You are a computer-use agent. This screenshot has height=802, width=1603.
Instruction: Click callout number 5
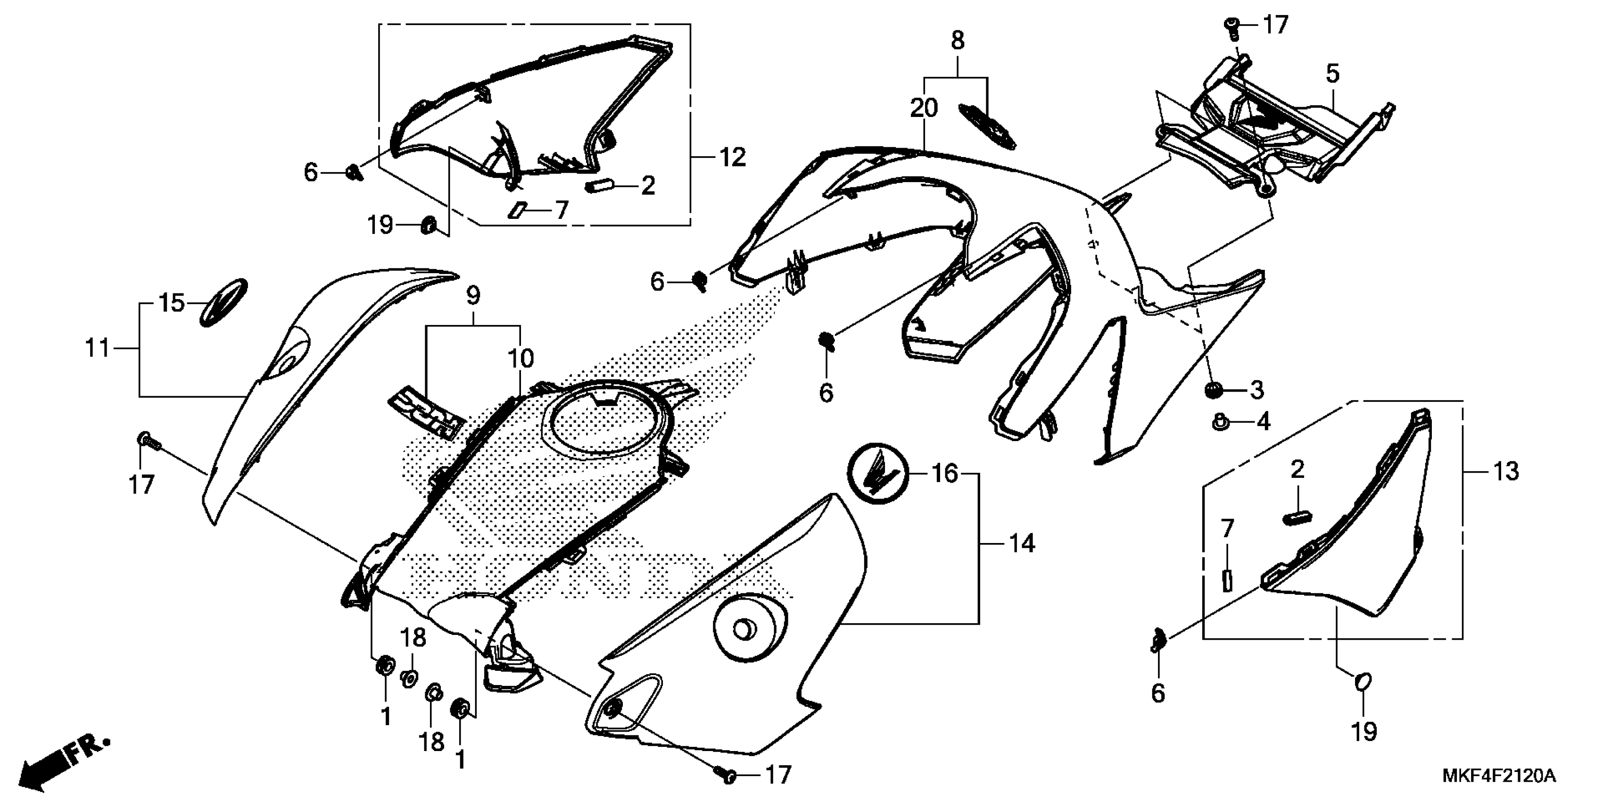click(x=1332, y=74)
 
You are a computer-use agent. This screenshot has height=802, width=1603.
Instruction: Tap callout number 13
click(x=1506, y=471)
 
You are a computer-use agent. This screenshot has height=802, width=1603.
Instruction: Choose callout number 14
click(x=1021, y=543)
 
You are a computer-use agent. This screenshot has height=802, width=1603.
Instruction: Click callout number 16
click(x=945, y=474)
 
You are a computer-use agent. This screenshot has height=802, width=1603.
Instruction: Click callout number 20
click(x=924, y=109)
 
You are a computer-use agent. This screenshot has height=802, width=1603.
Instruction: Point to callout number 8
click(x=958, y=41)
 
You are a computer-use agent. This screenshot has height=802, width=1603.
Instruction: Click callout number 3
click(x=1257, y=391)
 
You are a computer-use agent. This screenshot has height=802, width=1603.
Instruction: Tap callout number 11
click(x=97, y=348)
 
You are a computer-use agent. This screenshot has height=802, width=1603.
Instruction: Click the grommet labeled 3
click(x=1212, y=391)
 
